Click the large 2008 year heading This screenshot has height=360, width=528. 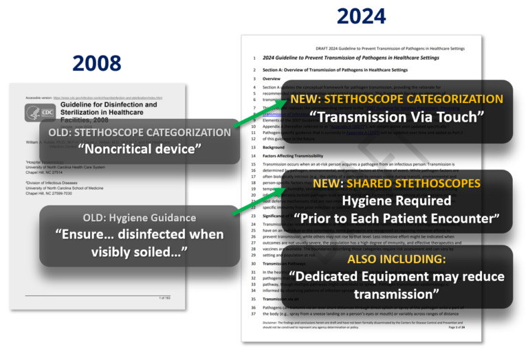[97, 63]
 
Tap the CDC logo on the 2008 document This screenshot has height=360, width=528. [40, 113]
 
